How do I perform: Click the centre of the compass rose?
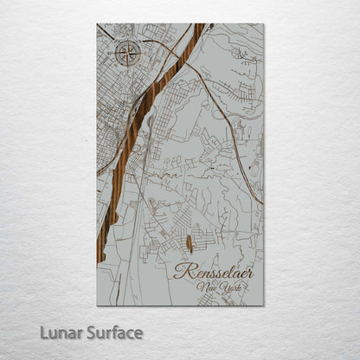click(127, 55)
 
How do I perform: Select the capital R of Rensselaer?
click(181, 270)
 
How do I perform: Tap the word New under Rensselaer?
click(206, 287)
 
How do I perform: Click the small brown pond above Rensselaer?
click(189, 243)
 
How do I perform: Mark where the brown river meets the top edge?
click(199, 24)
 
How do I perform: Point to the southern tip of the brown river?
click(100, 260)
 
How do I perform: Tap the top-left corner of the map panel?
click(97, 24)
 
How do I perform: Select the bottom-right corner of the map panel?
click(264, 305)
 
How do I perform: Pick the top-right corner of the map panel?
click(264, 24)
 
